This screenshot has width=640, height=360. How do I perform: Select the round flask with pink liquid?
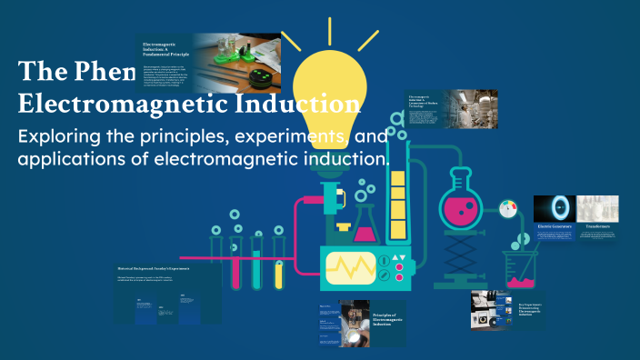464,200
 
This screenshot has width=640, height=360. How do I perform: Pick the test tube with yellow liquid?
257,264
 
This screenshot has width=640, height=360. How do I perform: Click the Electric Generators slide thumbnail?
555,219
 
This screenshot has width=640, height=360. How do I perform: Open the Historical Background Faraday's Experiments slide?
169,294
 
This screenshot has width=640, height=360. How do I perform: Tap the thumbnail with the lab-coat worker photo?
452,109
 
